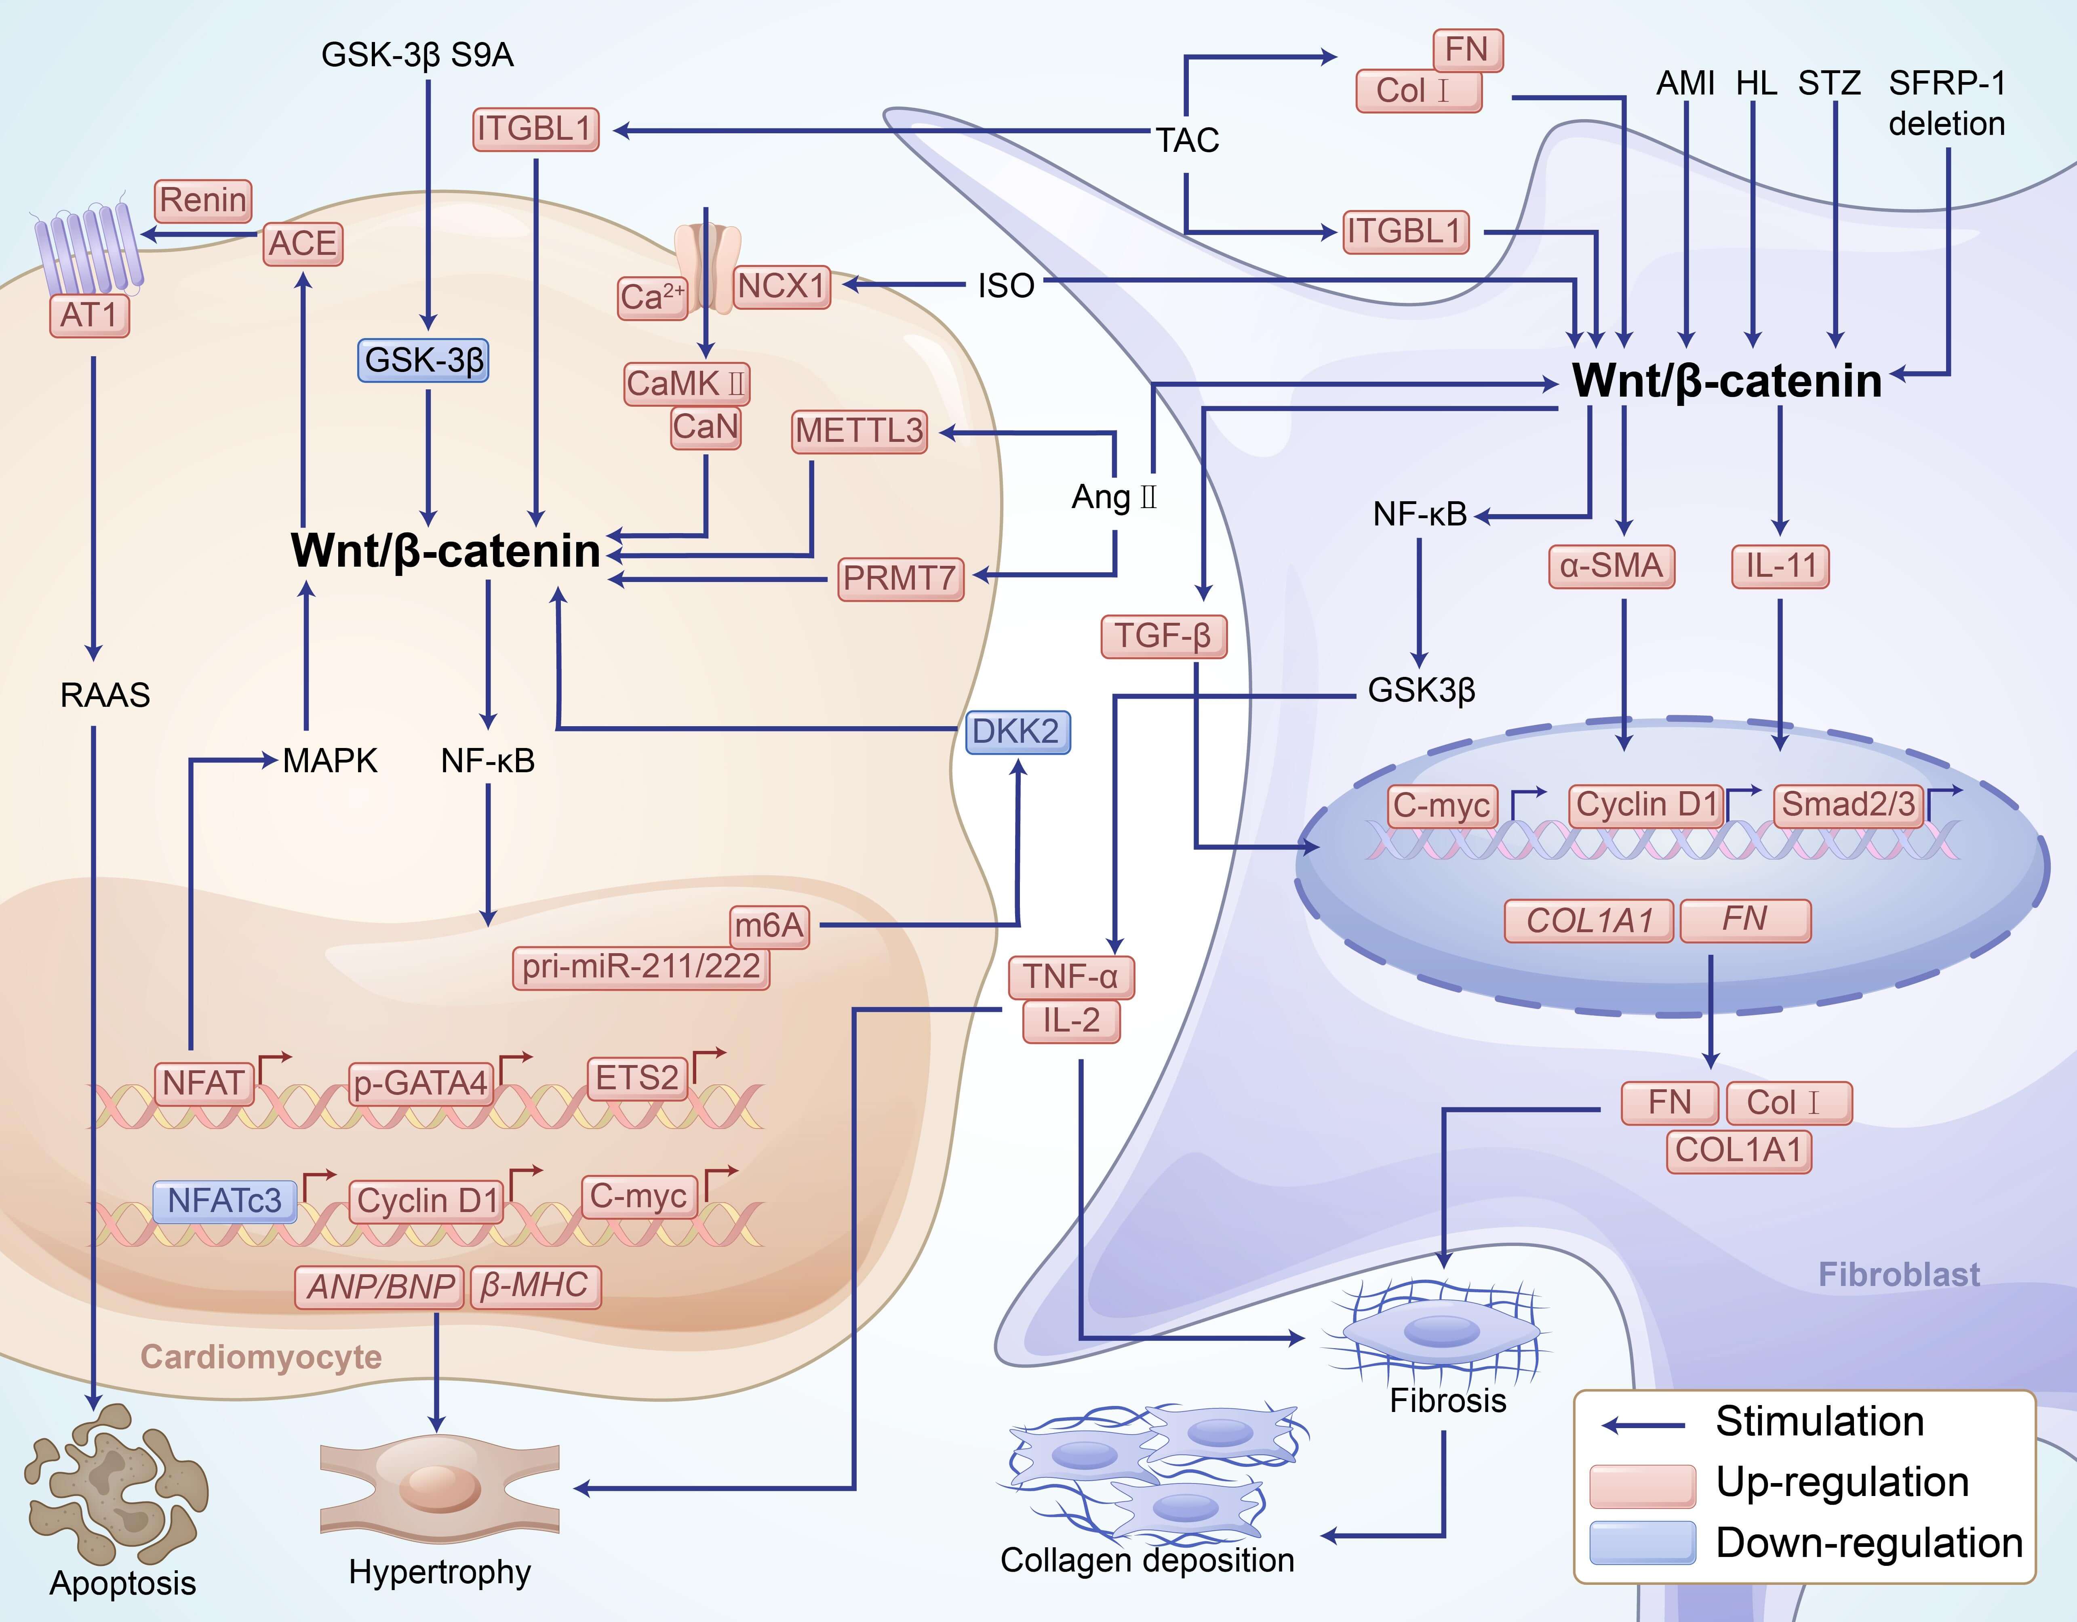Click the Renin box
[202, 201]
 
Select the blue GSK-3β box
[423, 360]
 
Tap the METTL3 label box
[860, 431]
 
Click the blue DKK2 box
[1017, 731]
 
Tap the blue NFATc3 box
[224, 1201]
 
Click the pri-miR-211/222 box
[641, 967]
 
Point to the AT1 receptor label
[88, 315]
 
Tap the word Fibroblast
[1898, 1274]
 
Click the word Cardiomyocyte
[261, 1357]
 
